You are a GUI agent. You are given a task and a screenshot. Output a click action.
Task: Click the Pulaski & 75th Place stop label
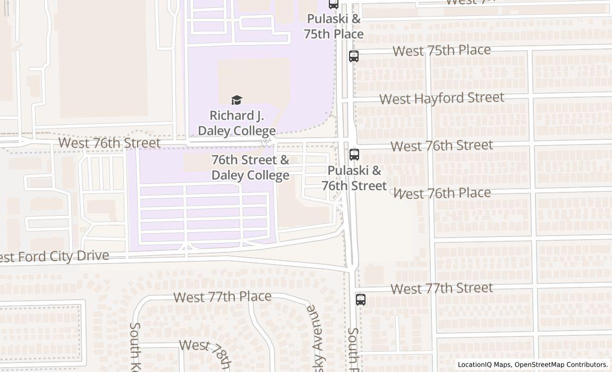tap(334, 27)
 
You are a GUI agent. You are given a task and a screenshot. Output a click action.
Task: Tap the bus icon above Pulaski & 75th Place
tap(333, 4)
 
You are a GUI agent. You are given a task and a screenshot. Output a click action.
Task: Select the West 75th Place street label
tap(441, 50)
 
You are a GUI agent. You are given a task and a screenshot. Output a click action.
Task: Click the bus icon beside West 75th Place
tap(354, 56)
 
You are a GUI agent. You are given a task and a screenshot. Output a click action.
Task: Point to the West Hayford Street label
tap(441, 98)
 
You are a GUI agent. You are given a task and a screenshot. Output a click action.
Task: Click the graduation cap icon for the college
tap(237, 100)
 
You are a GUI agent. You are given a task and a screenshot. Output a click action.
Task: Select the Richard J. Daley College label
tap(237, 123)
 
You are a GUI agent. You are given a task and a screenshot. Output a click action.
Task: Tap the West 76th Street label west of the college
tap(109, 143)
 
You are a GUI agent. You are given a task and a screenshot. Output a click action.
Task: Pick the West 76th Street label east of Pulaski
tap(441, 146)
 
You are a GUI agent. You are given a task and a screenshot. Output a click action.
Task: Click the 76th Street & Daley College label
tap(250, 167)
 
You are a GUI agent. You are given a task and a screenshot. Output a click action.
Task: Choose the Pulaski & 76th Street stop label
tap(354, 178)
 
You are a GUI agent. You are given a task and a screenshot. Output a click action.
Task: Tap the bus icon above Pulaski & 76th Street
tap(354, 155)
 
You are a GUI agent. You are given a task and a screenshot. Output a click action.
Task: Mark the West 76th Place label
tap(441, 193)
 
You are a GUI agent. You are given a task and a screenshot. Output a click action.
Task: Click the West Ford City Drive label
tap(53, 257)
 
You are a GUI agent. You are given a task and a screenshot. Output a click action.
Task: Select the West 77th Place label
tap(223, 297)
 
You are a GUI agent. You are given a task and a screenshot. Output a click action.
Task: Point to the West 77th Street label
tap(441, 289)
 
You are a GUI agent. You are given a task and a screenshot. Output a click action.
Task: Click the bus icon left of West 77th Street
tap(361, 299)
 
